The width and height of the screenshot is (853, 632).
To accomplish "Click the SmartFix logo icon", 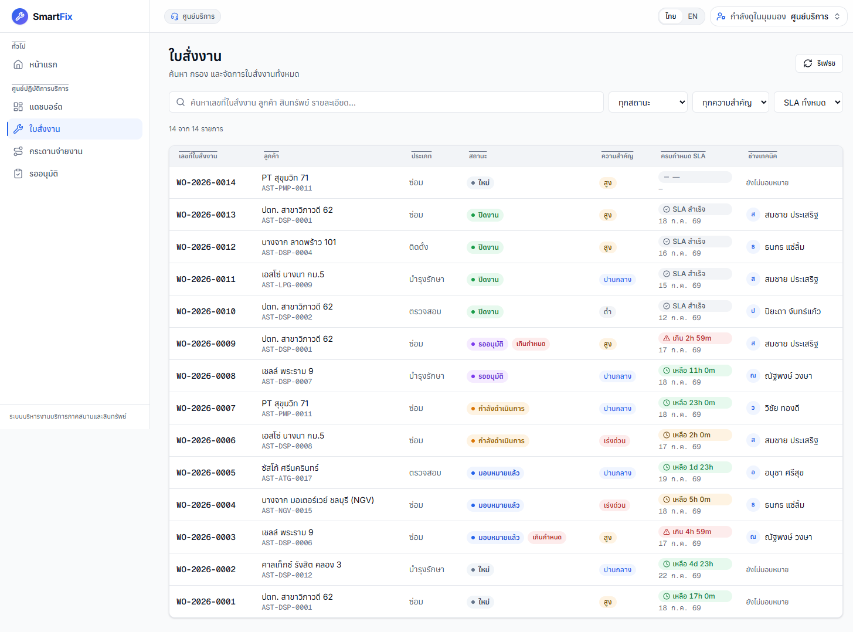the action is click(x=19, y=16).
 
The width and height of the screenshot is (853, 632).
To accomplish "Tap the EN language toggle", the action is click(x=692, y=16).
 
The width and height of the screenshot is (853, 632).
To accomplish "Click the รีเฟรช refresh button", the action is click(x=819, y=63).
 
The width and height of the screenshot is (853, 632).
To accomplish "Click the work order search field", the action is click(x=386, y=103).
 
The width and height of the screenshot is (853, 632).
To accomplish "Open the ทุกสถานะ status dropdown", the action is click(x=648, y=103).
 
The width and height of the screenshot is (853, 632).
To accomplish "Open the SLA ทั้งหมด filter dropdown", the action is click(x=808, y=103).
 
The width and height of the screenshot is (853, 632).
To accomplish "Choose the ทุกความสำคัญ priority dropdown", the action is click(x=730, y=103).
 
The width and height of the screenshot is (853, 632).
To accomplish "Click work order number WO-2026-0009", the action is click(x=206, y=344).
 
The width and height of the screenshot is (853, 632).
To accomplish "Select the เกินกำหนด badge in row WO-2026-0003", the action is click(x=546, y=538).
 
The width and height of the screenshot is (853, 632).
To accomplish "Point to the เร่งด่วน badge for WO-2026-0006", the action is click(x=614, y=441).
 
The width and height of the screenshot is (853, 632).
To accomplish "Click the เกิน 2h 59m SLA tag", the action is click(x=695, y=338).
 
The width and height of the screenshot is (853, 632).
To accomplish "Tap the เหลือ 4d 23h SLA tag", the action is click(x=695, y=564).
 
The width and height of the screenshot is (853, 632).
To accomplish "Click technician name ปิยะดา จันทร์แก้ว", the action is click(x=792, y=311).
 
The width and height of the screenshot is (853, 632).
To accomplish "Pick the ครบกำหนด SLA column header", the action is click(x=683, y=156).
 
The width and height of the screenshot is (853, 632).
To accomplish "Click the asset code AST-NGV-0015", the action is click(x=287, y=511).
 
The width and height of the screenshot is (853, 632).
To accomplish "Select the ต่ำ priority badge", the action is click(x=607, y=311).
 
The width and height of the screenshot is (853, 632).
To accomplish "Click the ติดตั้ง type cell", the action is click(x=419, y=247).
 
